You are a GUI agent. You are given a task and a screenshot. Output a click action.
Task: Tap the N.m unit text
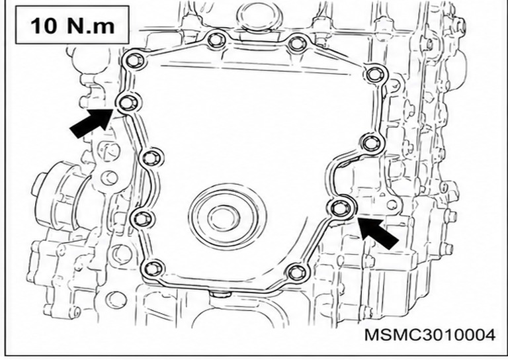(x=91, y=26)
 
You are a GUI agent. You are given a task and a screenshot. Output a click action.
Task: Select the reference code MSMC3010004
(x=430, y=335)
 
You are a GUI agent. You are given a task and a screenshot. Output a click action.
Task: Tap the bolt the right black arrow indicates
(x=339, y=207)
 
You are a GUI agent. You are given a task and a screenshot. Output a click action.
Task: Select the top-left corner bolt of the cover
(x=134, y=60)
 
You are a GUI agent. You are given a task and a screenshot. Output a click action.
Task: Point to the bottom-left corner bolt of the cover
(x=152, y=269)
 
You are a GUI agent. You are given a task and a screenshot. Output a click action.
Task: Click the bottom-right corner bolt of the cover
(x=296, y=271)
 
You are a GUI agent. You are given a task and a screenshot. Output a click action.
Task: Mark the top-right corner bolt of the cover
(x=375, y=75)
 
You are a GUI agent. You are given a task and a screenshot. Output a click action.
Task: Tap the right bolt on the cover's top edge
(x=298, y=44)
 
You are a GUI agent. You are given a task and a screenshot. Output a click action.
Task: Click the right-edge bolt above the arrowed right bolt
(x=370, y=143)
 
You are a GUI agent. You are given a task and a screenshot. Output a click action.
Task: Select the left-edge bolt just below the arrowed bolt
(x=151, y=158)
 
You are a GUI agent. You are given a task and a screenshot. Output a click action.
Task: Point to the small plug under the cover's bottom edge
(x=220, y=294)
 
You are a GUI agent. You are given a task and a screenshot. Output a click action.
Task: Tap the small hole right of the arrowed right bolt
(x=392, y=204)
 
